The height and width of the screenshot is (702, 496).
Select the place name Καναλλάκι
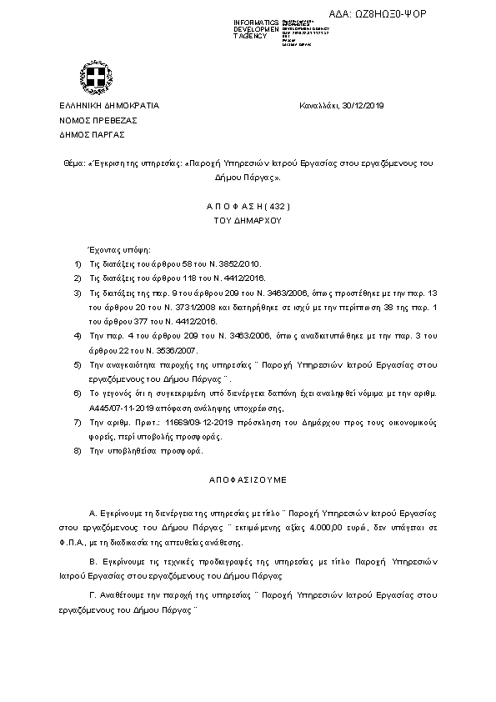[x=317, y=106]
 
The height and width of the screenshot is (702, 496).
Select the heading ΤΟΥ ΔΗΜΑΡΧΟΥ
[x=248, y=220]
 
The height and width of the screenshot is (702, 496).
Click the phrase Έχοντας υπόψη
[x=114, y=249]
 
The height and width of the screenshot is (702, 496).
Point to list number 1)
[x=78, y=263]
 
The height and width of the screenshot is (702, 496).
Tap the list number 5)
[x=78, y=365]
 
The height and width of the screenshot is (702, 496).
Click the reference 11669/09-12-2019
[x=204, y=424]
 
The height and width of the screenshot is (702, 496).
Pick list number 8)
[x=78, y=451]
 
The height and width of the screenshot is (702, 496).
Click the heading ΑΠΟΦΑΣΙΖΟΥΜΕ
[x=248, y=481]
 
